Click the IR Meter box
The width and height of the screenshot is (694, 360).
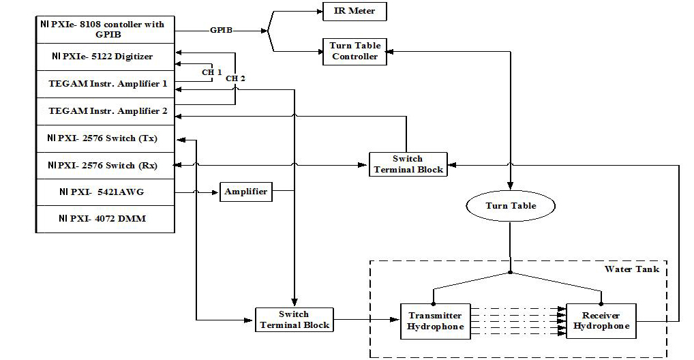(x=354, y=11)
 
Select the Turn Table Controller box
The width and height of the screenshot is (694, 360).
(x=354, y=51)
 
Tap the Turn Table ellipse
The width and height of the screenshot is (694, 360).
(x=511, y=205)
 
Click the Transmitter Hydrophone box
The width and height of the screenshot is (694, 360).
(x=434, y=321)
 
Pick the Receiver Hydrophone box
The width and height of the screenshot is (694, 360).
(x=601, y=321)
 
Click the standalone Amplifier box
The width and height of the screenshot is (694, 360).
(x=246, y=192)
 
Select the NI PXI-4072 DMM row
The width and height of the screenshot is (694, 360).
(x=105, y=219)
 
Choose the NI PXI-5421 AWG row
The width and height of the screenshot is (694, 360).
(x=105, y=192)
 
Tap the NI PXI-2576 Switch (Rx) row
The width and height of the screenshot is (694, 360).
(x=105, y=165)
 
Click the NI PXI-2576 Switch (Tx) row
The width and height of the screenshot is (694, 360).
(x=105, y=138)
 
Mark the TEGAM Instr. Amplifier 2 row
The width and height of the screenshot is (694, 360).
(x=105, y=111)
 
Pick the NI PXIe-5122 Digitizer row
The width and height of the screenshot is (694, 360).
(x=105, y=57)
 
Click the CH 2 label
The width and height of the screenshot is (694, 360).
(x=235, y=78)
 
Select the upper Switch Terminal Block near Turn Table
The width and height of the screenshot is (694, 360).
(x=408, y=164)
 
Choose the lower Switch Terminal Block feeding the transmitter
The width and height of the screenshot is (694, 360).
(x=294, y=320)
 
